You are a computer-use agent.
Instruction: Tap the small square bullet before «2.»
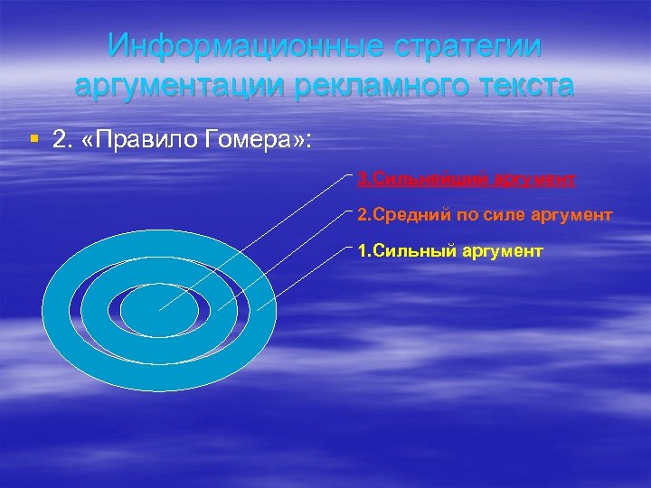(x=33, y=139)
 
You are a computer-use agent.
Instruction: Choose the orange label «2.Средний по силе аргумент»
(x=486, y=215)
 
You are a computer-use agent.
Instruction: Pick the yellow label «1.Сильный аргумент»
(x=450, y=251)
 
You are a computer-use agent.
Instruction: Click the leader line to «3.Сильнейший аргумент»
(x=271, y=226)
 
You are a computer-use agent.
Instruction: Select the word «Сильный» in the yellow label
(x=407, y=251)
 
